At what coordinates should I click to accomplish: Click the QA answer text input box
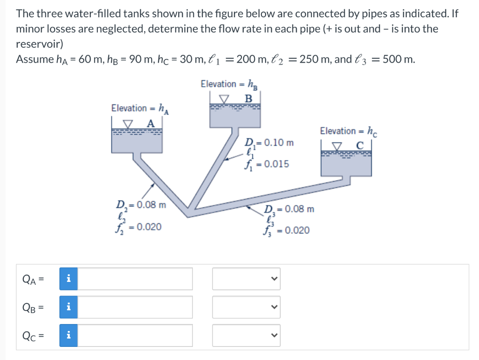click(x=138, y=279)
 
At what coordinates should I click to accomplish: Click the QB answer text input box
click(x=138, y=307)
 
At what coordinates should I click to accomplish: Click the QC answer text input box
click(x=138, y=335)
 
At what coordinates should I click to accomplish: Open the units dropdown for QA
click(x=246, y=279)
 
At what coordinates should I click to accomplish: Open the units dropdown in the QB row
click(x=246, y=307)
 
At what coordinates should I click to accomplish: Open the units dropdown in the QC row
click(x=246, y=335)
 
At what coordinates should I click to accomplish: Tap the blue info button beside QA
click(x=68, y=279)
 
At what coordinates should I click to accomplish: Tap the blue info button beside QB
click(x=68, y=307)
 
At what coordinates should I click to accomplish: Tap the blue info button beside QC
click(x=68, y=335)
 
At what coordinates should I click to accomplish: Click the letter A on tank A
click(x=150, y=123)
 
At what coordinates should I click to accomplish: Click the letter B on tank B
click(x=248, y=99)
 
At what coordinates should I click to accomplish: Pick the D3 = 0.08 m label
click(x=289, y=209)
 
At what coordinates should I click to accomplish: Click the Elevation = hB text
click(x=229, y=85)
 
